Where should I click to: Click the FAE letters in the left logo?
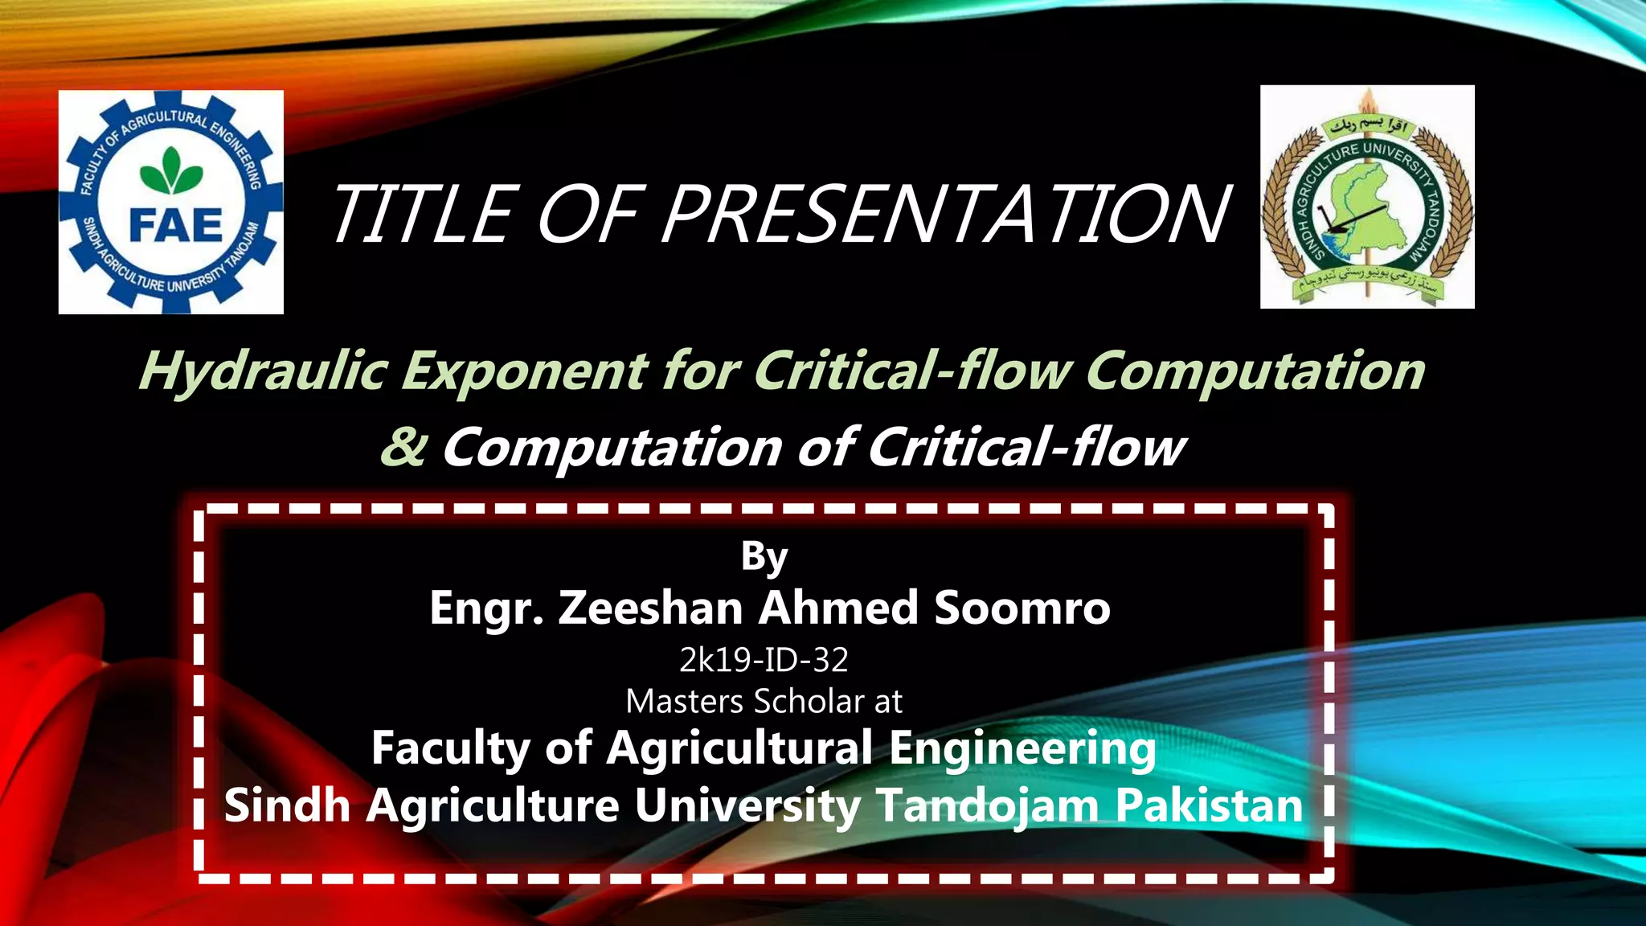pos(175,225)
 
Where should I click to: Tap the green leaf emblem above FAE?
pos(171,170)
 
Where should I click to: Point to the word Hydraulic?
pos(263,371)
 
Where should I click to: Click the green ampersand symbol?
pos(403,447)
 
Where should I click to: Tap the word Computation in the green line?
pos(1254,371)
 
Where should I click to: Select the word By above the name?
pos(764,556)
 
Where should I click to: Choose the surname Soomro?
pos(1022,608)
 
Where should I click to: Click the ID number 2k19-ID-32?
pos(764,660)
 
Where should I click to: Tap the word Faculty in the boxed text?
pos(450,748)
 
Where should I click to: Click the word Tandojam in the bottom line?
pos(988,805)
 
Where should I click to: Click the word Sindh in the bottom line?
pos(287,805)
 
